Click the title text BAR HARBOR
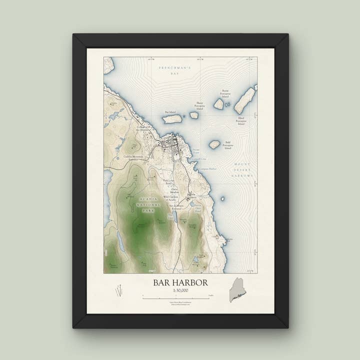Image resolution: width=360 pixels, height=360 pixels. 180,283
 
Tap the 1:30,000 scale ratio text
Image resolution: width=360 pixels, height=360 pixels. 180,290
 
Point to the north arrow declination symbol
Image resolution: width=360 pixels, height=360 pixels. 119,290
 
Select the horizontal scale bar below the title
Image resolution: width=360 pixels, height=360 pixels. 179,297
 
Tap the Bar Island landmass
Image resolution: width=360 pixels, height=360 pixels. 172,119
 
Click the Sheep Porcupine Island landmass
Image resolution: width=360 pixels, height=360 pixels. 193,115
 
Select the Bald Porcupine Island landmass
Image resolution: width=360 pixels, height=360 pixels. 214,144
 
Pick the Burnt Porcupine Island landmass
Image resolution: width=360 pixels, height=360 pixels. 218,103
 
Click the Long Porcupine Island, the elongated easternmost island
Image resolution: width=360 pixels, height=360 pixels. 245,100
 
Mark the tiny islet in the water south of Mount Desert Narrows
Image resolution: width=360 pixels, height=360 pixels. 222,198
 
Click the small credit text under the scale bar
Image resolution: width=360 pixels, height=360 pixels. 179,303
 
